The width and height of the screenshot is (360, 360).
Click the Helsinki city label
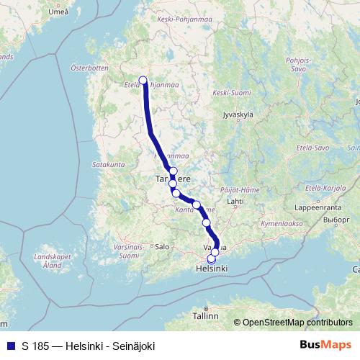tap(211, 269)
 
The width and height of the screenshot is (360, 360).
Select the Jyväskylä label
tap(239, 114)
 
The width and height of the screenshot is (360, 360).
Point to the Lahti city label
tap(235, 202)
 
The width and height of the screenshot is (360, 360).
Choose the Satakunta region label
tap(109, 165)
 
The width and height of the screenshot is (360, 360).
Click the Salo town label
tap(162, 246)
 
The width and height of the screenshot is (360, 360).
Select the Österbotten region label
tap(89, 69)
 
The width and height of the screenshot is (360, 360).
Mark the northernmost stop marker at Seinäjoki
tap(143, 81)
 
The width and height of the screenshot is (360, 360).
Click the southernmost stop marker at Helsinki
tap(211, 258)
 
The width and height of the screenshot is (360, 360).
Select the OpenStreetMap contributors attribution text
tap(297, 323)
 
